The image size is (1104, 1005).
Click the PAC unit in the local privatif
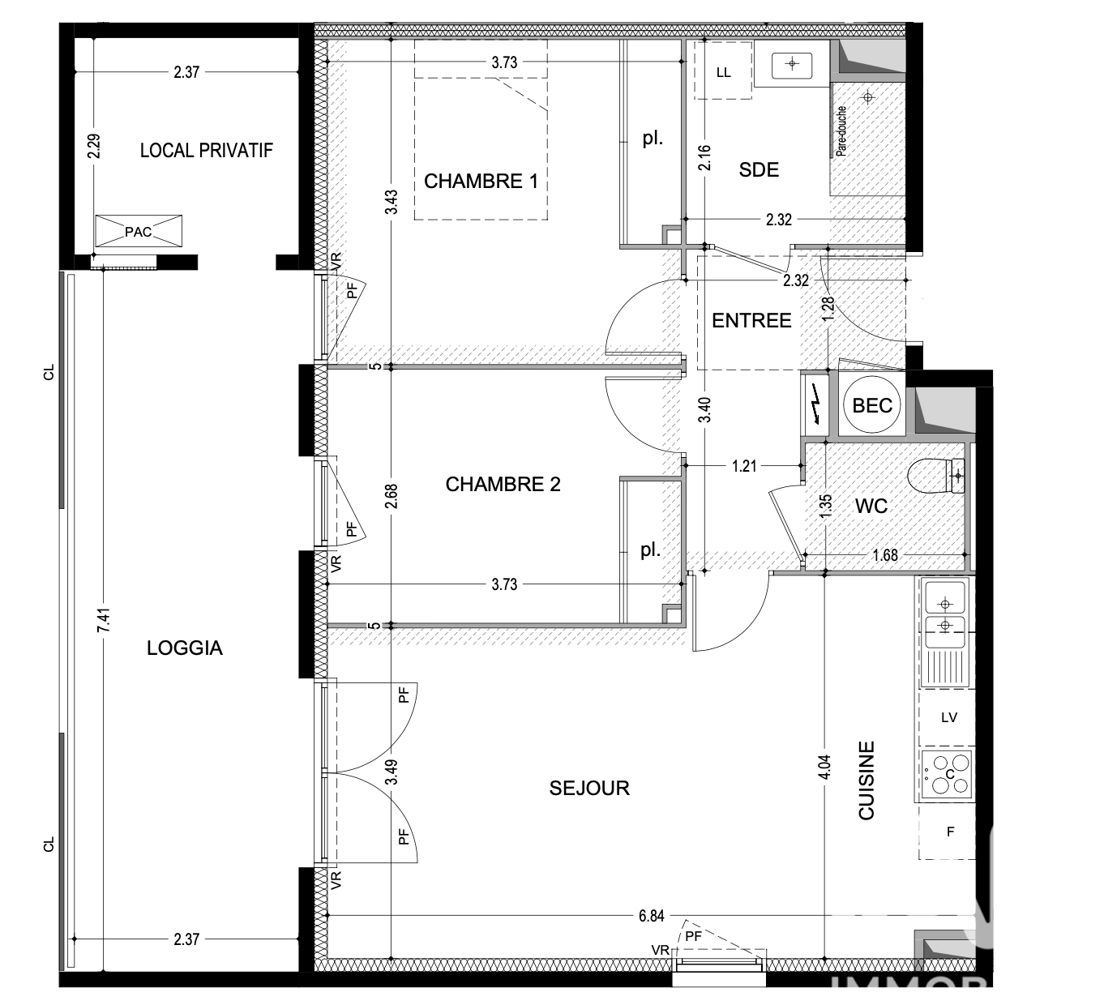[x=138, y=231]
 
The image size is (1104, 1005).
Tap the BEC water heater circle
[x=871, y=405]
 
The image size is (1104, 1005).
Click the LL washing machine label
[x=723, y=73]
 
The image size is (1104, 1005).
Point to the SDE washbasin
[x=792, y=64]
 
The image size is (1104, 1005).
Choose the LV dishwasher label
[x=949, y=717]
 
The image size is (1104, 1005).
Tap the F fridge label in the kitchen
[x=950, y=832]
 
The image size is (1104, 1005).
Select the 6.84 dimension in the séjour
[x=651, y=916]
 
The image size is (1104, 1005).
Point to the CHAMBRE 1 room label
[x=481, y=181]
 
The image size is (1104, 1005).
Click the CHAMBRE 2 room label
[x=503, y=485]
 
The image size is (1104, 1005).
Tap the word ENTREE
[x=751, y=320]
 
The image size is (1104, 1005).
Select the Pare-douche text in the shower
[x=841, y=131]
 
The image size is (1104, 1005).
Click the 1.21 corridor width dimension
[x=744, y=466]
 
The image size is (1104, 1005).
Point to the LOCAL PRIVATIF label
[x=207, y=150]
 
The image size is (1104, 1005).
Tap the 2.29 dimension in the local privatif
[x=94, y=147]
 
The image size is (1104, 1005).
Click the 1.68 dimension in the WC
[x=885, y=555]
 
